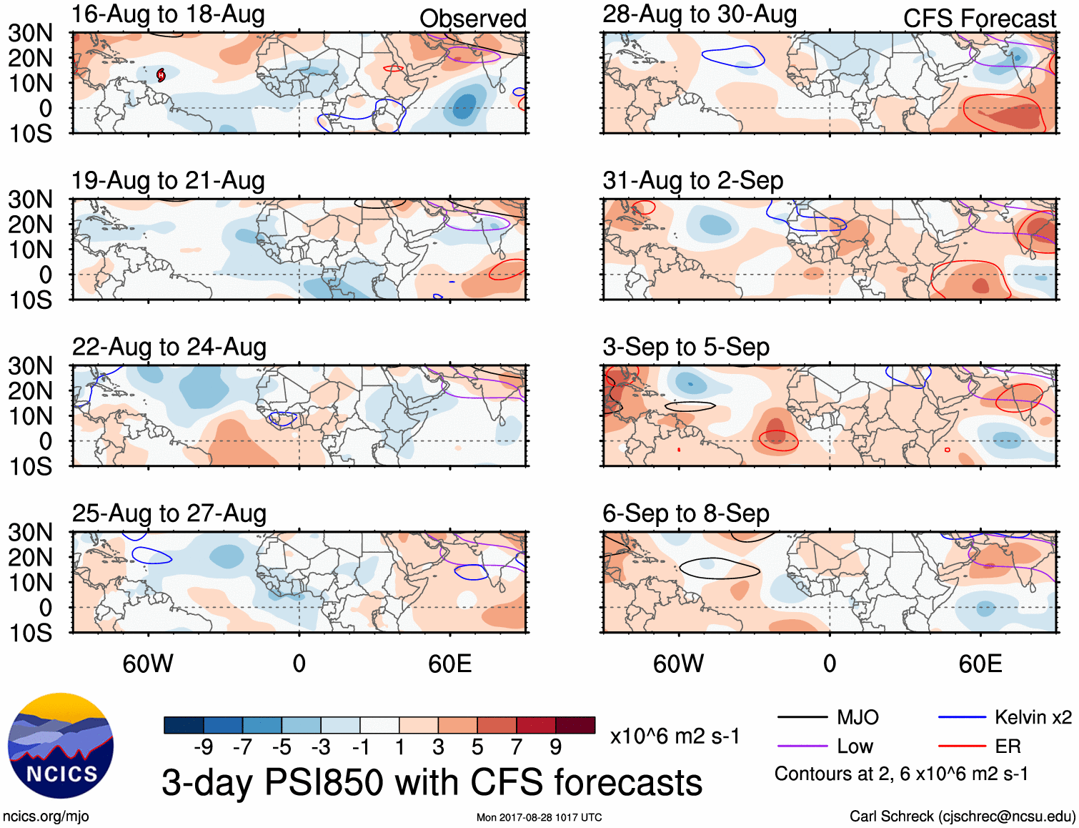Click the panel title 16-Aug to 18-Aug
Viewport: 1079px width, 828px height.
[x=168, y=14]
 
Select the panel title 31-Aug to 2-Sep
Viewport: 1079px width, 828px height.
[x=692, y=181]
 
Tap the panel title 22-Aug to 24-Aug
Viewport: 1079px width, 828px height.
[x=169, y=348]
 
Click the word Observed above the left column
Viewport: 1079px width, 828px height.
[x=472, y=19]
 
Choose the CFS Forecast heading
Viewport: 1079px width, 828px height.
[x=979, y=19]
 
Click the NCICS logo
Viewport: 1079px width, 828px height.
[x=61, y=746]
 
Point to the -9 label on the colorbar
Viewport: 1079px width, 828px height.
[x=204, y=747]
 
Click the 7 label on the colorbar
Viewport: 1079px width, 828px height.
[x=517, y=747]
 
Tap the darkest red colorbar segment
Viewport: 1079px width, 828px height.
[x=575, y=725]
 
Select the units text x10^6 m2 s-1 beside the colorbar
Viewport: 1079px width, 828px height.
[x=675, y=736]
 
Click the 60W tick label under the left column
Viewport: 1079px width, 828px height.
[x=148, y=664]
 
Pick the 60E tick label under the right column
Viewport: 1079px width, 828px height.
[x=980, y=664]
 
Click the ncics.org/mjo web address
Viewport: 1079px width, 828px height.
[x=46, y=817]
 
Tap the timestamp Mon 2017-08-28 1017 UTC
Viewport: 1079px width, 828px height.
[x=539, y=817]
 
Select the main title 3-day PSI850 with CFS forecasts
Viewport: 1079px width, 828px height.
[x=432, y=782]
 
